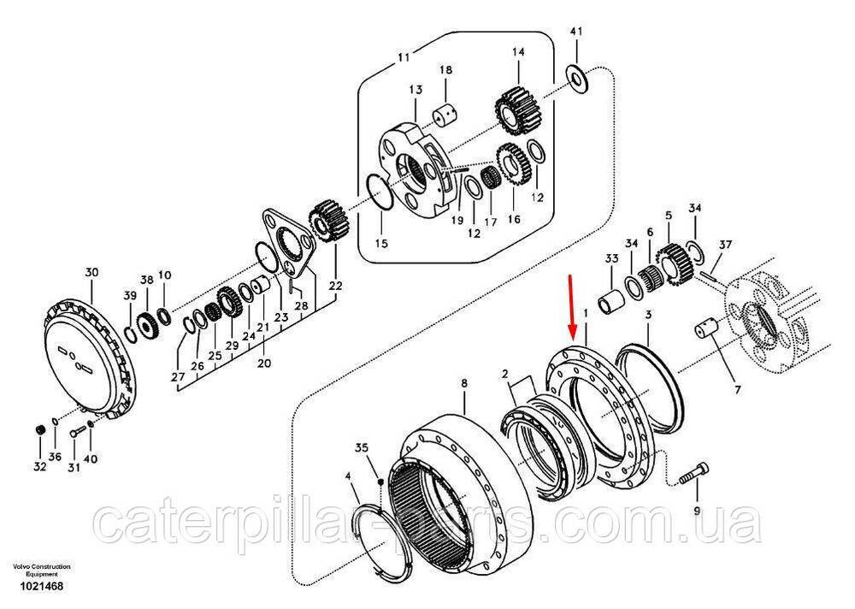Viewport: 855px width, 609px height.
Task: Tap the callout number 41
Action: [x=575, y=32]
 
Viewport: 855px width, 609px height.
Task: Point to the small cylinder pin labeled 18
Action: [x=445, y=117]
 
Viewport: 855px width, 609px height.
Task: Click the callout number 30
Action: [x=91, y=272]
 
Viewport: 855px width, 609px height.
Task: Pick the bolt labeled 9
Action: [x=694, y=474]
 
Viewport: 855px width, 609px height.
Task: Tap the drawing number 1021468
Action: [x=41, y=587]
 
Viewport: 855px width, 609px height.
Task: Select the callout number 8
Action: [x=464, y=384]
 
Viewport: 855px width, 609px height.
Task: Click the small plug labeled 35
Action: [x=380, y=481]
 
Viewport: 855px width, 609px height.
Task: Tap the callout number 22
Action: [x=335, y=285]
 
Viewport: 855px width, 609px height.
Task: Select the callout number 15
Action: [x=381, y=243]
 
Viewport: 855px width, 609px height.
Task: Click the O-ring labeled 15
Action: [x=379, y=192]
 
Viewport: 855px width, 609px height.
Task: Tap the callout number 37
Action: [x=725, y=245]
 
